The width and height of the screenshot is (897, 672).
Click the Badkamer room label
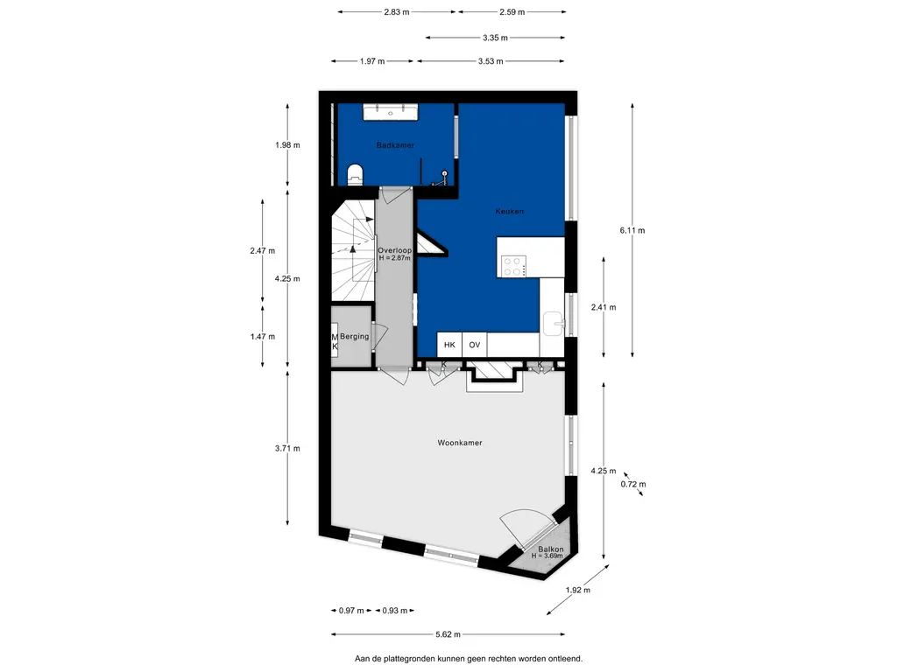tap(395, 145)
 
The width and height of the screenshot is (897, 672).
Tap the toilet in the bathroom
tap(356, 174)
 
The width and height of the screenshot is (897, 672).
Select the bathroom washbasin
tap(391, 112)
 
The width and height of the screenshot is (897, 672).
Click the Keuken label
tap(509, 211)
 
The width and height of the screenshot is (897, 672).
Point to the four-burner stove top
tap(513, 266)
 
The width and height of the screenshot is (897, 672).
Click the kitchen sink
tap(554, 323)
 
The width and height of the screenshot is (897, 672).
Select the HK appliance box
tap(449, 345)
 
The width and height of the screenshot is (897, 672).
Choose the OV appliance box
tap(474, 345)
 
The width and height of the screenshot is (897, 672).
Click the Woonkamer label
tap(460, 442)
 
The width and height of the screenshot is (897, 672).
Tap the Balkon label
tap(550, 549)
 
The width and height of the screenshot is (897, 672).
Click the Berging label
tap(355, 336)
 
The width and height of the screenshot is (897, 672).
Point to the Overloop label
tap(395, 250)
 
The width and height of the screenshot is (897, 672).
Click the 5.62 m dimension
tap(448, 633)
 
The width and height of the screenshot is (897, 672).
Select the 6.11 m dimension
tap(632, 230)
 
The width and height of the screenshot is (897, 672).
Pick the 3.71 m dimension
tap(287, 448)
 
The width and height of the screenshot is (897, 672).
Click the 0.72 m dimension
tap(633, 484)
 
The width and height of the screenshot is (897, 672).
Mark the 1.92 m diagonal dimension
tap(578, 590)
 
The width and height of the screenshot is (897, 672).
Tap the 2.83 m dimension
tap(397, 11)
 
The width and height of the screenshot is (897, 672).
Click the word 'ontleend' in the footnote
tap(565, 659)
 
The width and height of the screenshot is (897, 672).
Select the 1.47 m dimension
tap(263, 337)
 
